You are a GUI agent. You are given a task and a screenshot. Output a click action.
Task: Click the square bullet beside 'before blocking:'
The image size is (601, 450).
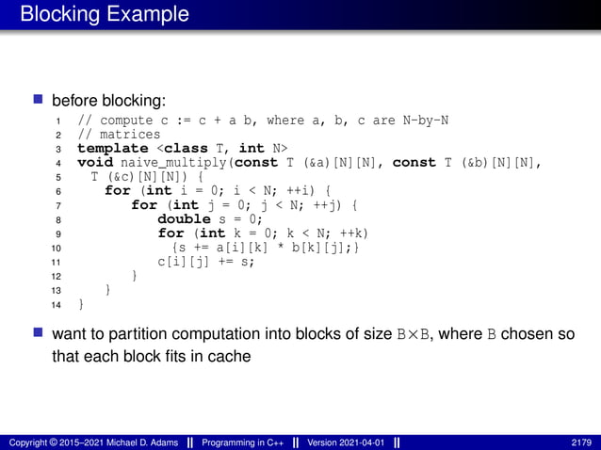tap(39, 99)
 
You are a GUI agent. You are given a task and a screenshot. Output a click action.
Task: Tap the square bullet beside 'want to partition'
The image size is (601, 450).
tap(39, 333)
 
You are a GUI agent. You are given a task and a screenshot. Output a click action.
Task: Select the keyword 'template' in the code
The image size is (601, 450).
tap(112, 149)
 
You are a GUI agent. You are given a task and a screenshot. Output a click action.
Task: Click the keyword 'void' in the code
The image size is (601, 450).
tap(94, 163)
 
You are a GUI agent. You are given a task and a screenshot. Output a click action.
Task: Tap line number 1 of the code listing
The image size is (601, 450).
tap(58, 121)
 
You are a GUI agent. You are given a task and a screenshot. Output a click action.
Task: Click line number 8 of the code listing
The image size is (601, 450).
tap(58, 219)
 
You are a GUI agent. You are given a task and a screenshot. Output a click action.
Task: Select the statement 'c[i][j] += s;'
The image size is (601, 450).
tap(206, 262)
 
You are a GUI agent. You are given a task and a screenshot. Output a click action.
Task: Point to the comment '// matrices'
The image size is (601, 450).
tap(117, 135)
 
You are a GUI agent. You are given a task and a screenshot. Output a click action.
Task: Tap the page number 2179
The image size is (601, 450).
tap(581, 442)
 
